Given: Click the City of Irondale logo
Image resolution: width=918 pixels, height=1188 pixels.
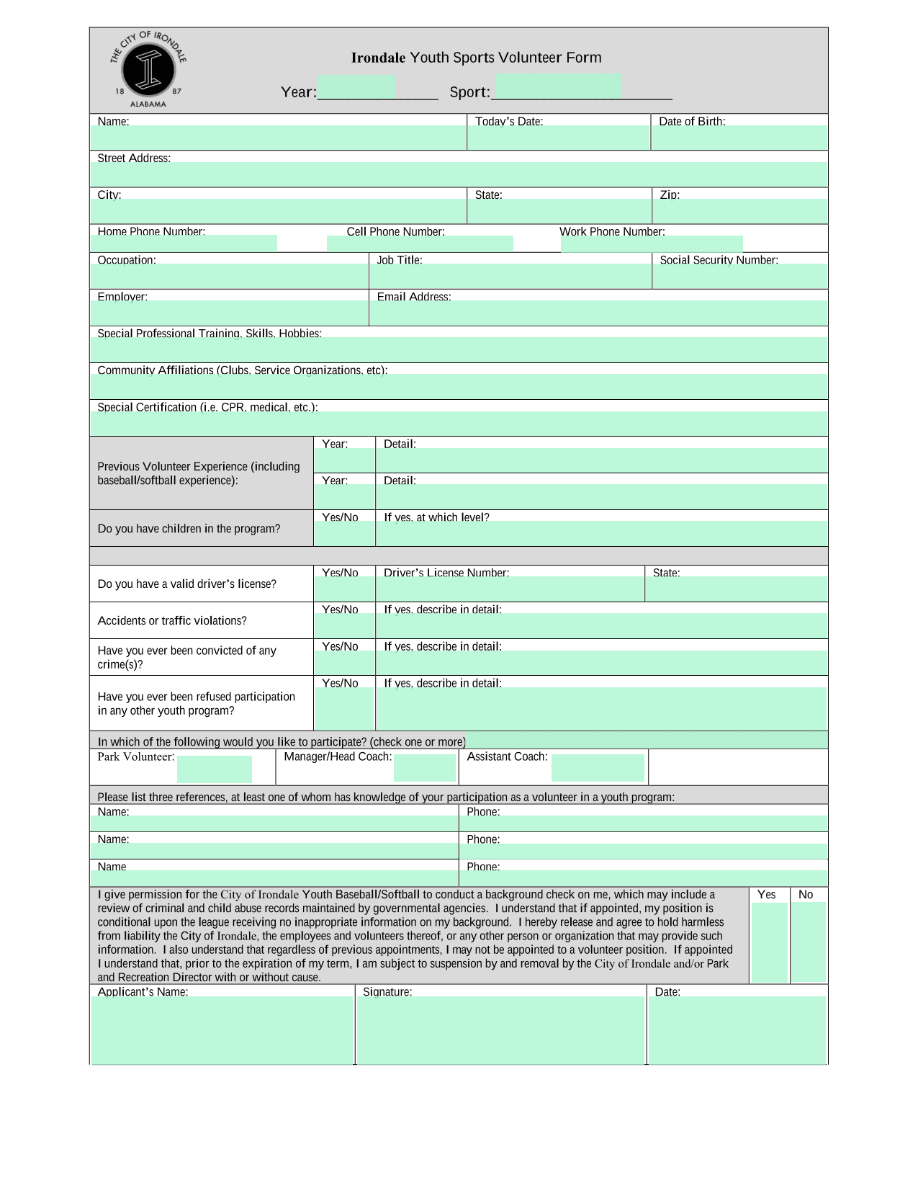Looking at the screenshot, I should [148, 70].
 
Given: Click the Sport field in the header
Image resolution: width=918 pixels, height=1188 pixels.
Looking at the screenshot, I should [559, 86].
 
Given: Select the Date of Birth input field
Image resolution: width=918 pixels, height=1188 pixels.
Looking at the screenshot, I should [739, 138].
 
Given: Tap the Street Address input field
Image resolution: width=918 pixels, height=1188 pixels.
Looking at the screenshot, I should [459, 174].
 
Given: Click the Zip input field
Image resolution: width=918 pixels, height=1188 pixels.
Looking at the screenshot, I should [739, 211].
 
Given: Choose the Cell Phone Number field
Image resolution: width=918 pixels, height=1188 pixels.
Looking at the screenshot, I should [420, 244].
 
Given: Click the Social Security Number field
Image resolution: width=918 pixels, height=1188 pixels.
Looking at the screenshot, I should [739, 276].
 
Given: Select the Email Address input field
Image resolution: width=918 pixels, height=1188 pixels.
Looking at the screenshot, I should [598, 313].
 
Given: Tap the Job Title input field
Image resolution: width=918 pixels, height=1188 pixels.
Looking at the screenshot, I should [510, 276].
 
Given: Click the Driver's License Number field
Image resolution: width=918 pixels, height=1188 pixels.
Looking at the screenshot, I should [510, 589].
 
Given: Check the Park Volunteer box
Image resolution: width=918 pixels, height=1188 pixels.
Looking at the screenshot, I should [215, 769].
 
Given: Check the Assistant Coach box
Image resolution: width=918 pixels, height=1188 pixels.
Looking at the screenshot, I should [598, 768].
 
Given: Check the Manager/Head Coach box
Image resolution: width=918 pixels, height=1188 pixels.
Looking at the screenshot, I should [425, 768].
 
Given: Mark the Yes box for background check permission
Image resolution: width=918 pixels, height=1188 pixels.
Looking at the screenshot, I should [769, 942].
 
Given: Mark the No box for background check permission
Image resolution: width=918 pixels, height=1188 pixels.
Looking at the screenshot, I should [808, 942].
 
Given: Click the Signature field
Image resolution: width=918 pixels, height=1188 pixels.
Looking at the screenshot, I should [501, 1030].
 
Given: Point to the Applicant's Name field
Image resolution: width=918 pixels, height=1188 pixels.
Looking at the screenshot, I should [222, 1030].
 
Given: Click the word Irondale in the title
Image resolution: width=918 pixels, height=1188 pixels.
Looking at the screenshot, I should [378, 58].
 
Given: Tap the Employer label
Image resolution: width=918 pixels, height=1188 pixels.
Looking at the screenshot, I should [122, 297].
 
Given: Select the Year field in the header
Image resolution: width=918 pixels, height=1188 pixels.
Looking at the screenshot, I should [356, 86].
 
